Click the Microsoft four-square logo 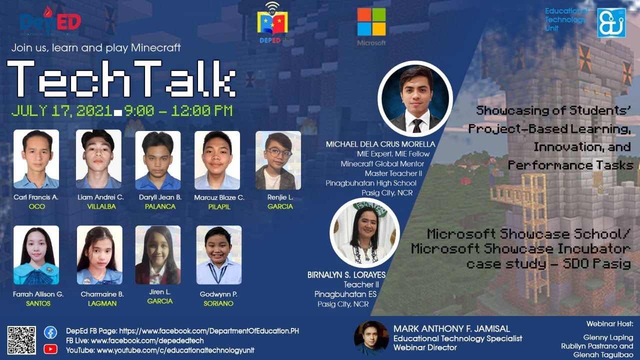371,22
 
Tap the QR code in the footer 21,340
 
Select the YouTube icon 50,349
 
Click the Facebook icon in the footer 50,332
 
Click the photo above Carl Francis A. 36,159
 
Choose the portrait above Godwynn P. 219,255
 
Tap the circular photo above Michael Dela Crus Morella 415,98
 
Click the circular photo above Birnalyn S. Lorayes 364,232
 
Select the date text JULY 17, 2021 61,111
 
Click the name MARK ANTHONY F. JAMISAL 451,328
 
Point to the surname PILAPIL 219,206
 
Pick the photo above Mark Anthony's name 371,338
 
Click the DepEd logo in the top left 50,22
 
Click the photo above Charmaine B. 99,255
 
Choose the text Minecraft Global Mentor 382,163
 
